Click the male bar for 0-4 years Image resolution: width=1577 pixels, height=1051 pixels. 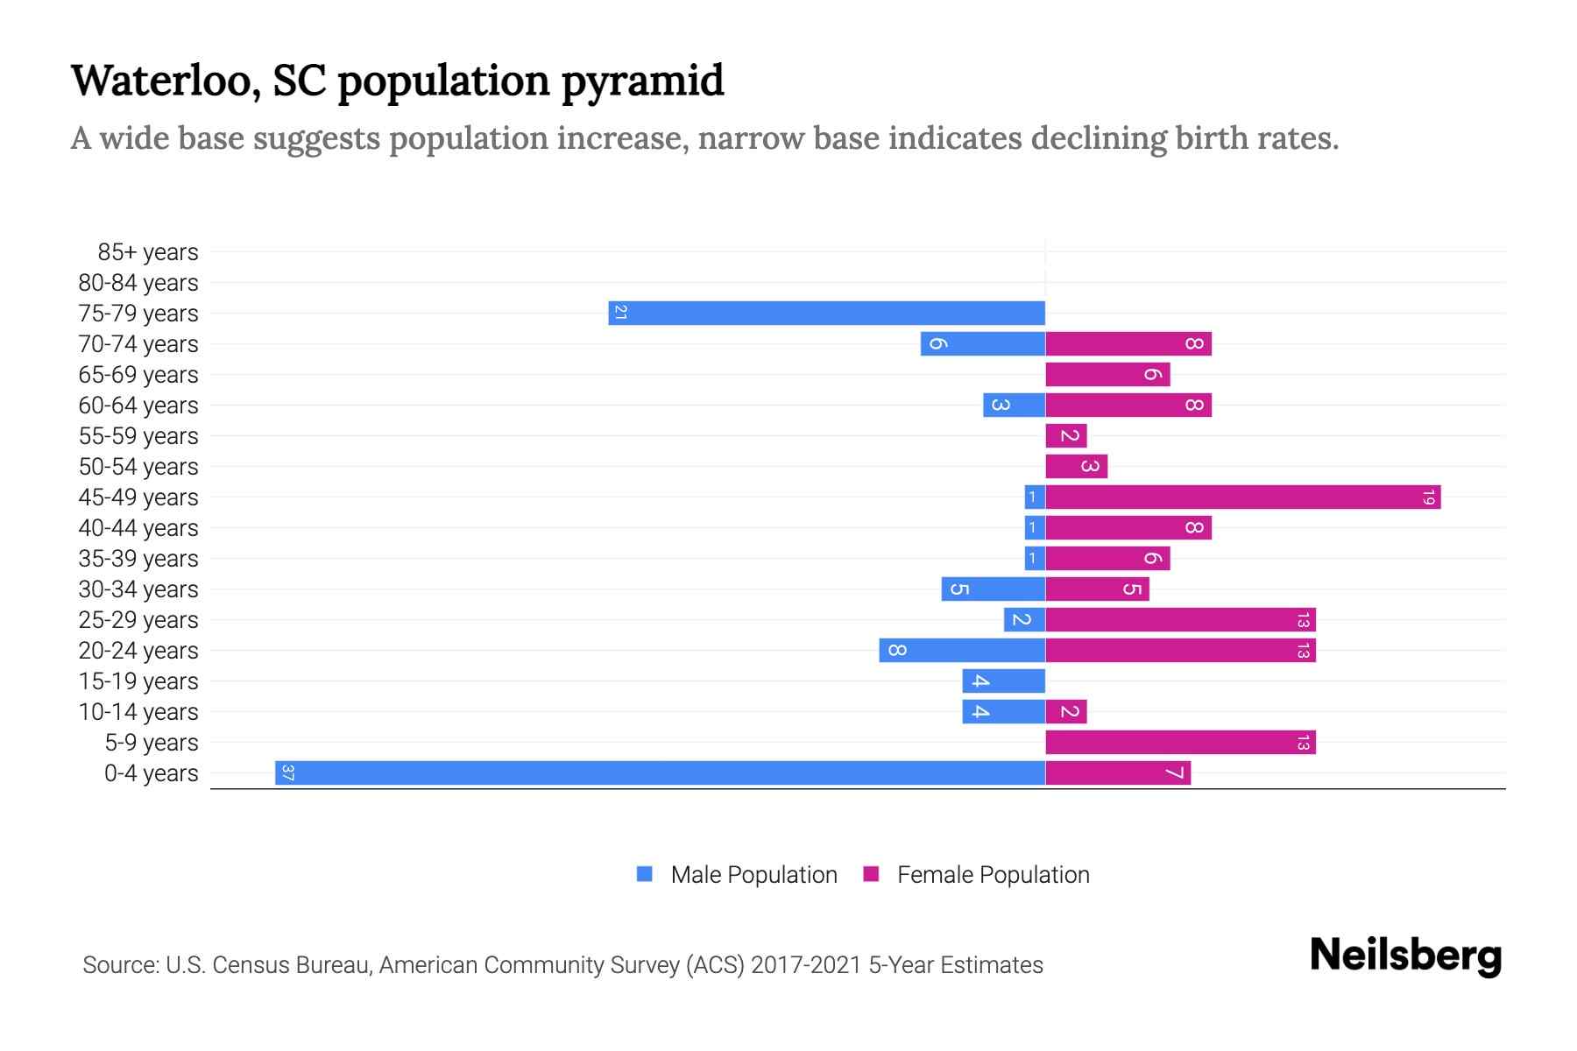(x=660, y=772)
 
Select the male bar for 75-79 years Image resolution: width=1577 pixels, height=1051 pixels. (x=826, y=313)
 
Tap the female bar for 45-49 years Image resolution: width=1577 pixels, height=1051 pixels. (x=1242, y=497)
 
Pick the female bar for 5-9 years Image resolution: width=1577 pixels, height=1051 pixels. (x=1180, y=742)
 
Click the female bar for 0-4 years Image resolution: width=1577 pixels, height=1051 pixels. (x=1118, y=772)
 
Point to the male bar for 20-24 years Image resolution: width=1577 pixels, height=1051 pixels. (x=962, y=650)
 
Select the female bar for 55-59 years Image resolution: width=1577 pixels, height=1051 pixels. (x=1066, y=435)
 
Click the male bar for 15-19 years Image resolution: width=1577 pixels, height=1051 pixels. (x=1003, y=681)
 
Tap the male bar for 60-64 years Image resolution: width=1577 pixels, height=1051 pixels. (x=1014, y=405)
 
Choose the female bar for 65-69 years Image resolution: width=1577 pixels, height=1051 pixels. (x=1107, y=374)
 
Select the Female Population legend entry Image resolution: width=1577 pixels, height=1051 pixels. (x=977, y=874)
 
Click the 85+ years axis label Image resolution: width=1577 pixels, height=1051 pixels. (x=148, y=252)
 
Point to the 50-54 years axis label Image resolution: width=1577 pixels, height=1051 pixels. (x=138, y=467)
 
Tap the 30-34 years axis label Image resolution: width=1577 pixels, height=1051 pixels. (x=138, y=589)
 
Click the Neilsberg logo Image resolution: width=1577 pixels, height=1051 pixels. (x=1405, y=956)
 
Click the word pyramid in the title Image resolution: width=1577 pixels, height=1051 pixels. (x=642, y=81)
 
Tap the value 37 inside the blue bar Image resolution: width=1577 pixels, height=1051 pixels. (x=287, y=772)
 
